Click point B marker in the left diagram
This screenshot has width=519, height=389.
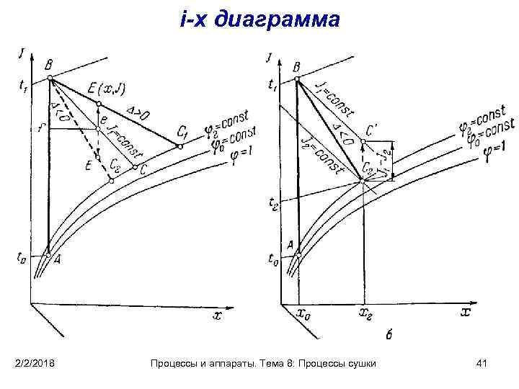coord(48,78)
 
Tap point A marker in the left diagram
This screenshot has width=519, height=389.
coord(48,255)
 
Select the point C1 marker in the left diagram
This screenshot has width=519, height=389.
coord(180,146)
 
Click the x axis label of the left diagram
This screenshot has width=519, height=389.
coord(217,315)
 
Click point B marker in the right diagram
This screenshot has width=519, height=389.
coord(296,79)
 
